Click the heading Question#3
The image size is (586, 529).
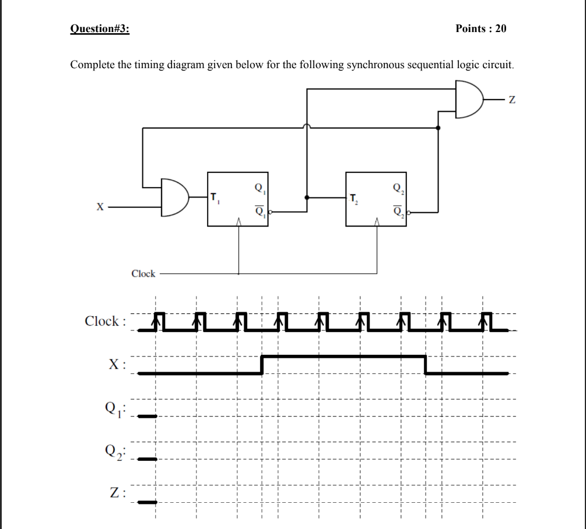[x=100, y=29]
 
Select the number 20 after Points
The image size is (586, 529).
[x=501, y=29]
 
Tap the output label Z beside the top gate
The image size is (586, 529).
[x=512, y=101]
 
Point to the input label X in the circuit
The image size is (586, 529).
[x=100, y=206]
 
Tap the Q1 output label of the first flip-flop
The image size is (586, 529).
[x=258, y=188]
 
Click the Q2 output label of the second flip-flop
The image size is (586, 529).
[x=397, y=188]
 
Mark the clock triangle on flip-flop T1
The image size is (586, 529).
[x=238, y=221]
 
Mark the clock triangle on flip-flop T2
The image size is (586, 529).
[x=377, y=221]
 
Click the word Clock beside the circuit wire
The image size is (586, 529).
[x=143, y=273]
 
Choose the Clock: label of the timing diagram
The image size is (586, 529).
[x=104, y=321]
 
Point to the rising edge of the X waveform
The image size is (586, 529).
[x=263, y=364]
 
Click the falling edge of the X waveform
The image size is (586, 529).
[x=426, y=364]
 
